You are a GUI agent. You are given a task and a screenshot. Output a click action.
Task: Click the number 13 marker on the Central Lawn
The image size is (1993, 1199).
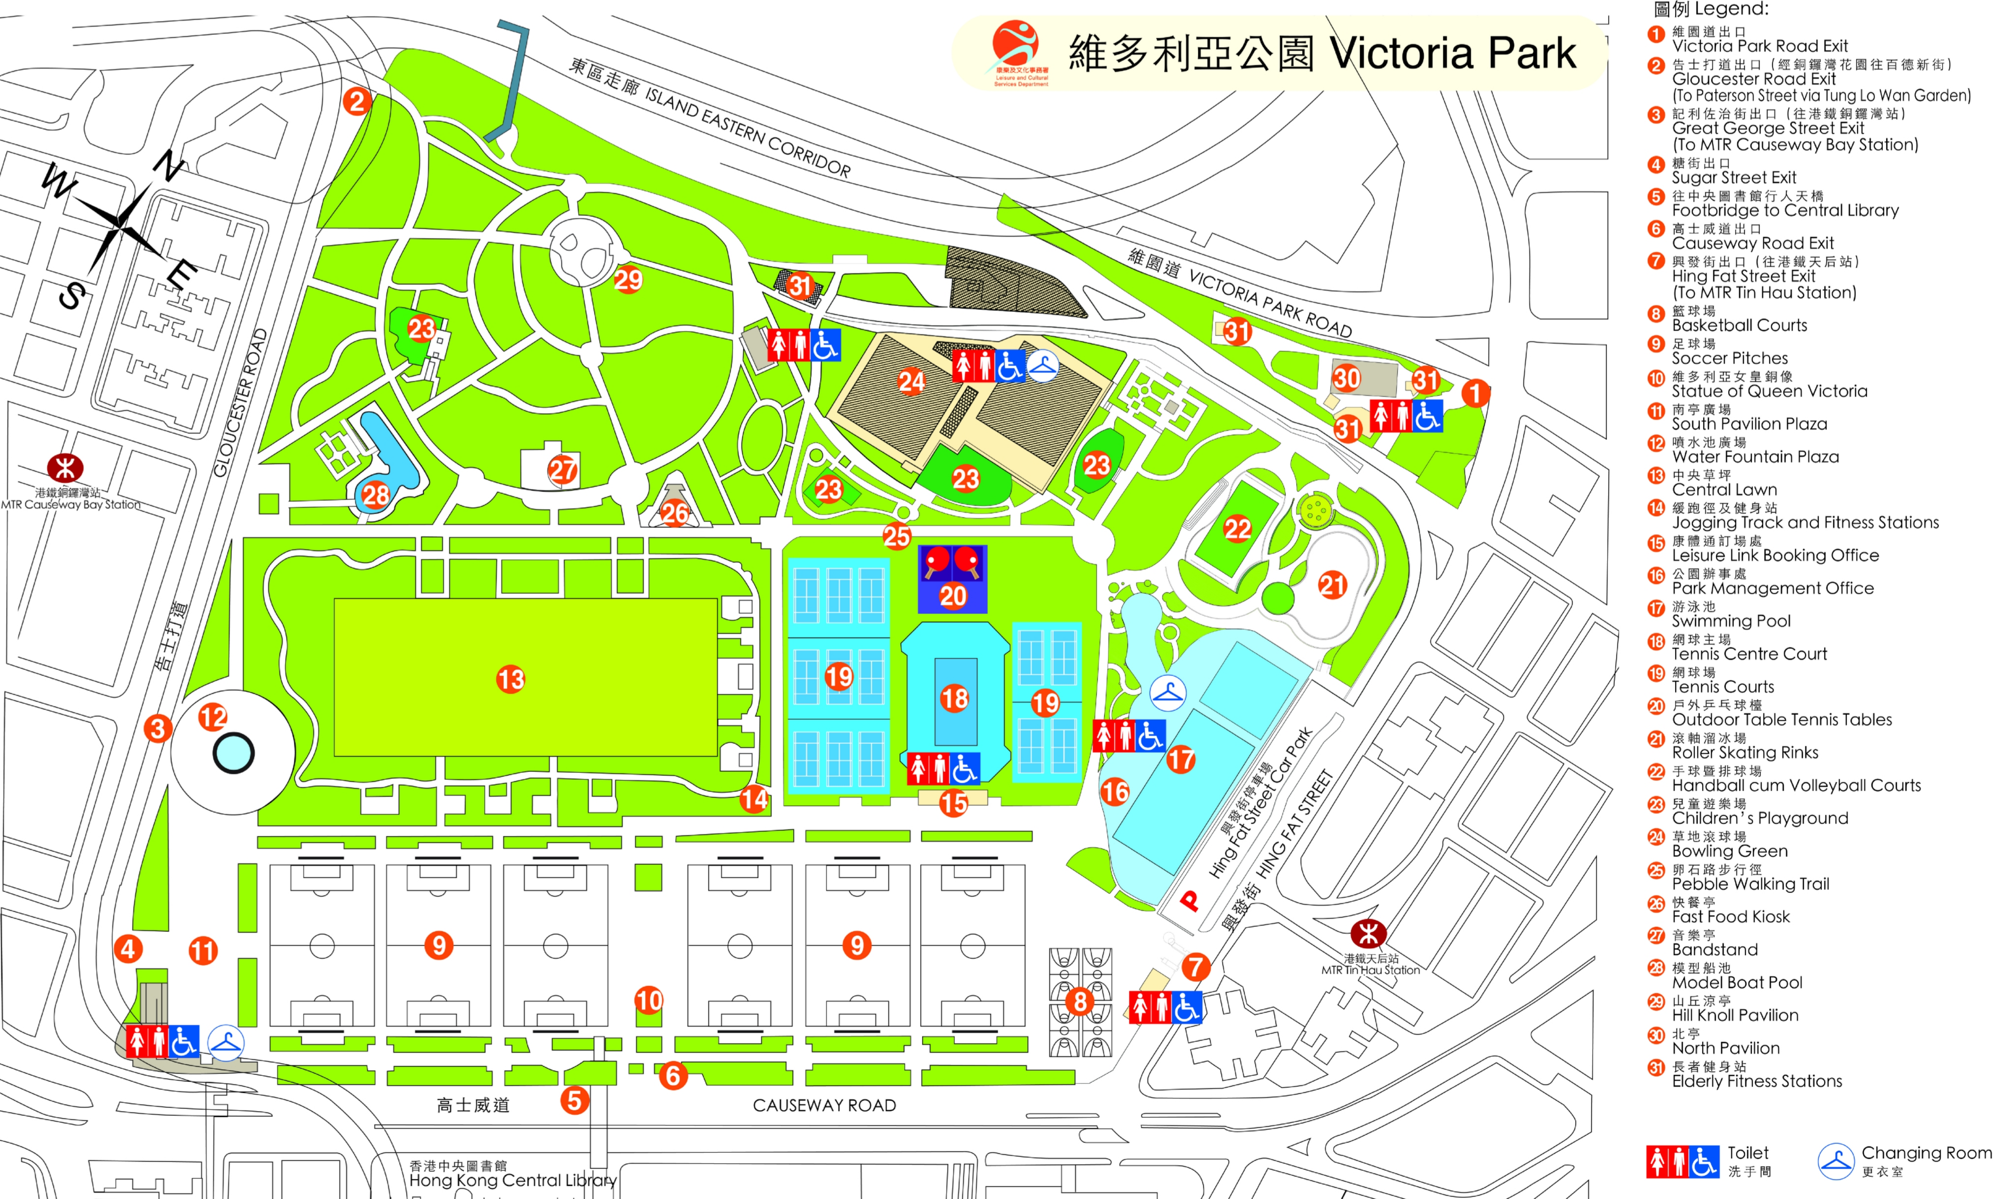(511, 680)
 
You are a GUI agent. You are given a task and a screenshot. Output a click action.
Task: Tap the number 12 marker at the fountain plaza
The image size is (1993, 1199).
(212, 717)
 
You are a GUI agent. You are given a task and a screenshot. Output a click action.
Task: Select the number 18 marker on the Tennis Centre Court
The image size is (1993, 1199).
(954, 698)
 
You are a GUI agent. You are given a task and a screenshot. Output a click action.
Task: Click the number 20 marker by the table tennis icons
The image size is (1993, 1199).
(953, 596)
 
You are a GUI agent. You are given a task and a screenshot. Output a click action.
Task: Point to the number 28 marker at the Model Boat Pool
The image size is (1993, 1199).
(376, 494)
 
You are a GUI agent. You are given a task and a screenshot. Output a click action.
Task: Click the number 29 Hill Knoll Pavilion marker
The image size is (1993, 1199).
(628, 280)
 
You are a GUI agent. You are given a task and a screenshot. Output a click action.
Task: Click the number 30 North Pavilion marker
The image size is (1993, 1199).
(1346, 378)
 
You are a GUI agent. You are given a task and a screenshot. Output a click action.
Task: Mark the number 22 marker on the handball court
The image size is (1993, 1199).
(1237, 529)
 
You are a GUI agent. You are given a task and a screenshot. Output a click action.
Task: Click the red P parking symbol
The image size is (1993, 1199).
(1189, 900)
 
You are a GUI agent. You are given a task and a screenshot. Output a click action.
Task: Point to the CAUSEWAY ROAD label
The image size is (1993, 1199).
(824, 1105)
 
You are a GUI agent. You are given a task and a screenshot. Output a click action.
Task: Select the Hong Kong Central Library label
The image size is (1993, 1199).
(512, 1180)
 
